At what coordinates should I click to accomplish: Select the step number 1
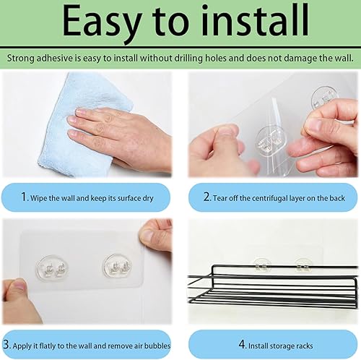pos(23,197)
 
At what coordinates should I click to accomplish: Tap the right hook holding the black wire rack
pos(303,266)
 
